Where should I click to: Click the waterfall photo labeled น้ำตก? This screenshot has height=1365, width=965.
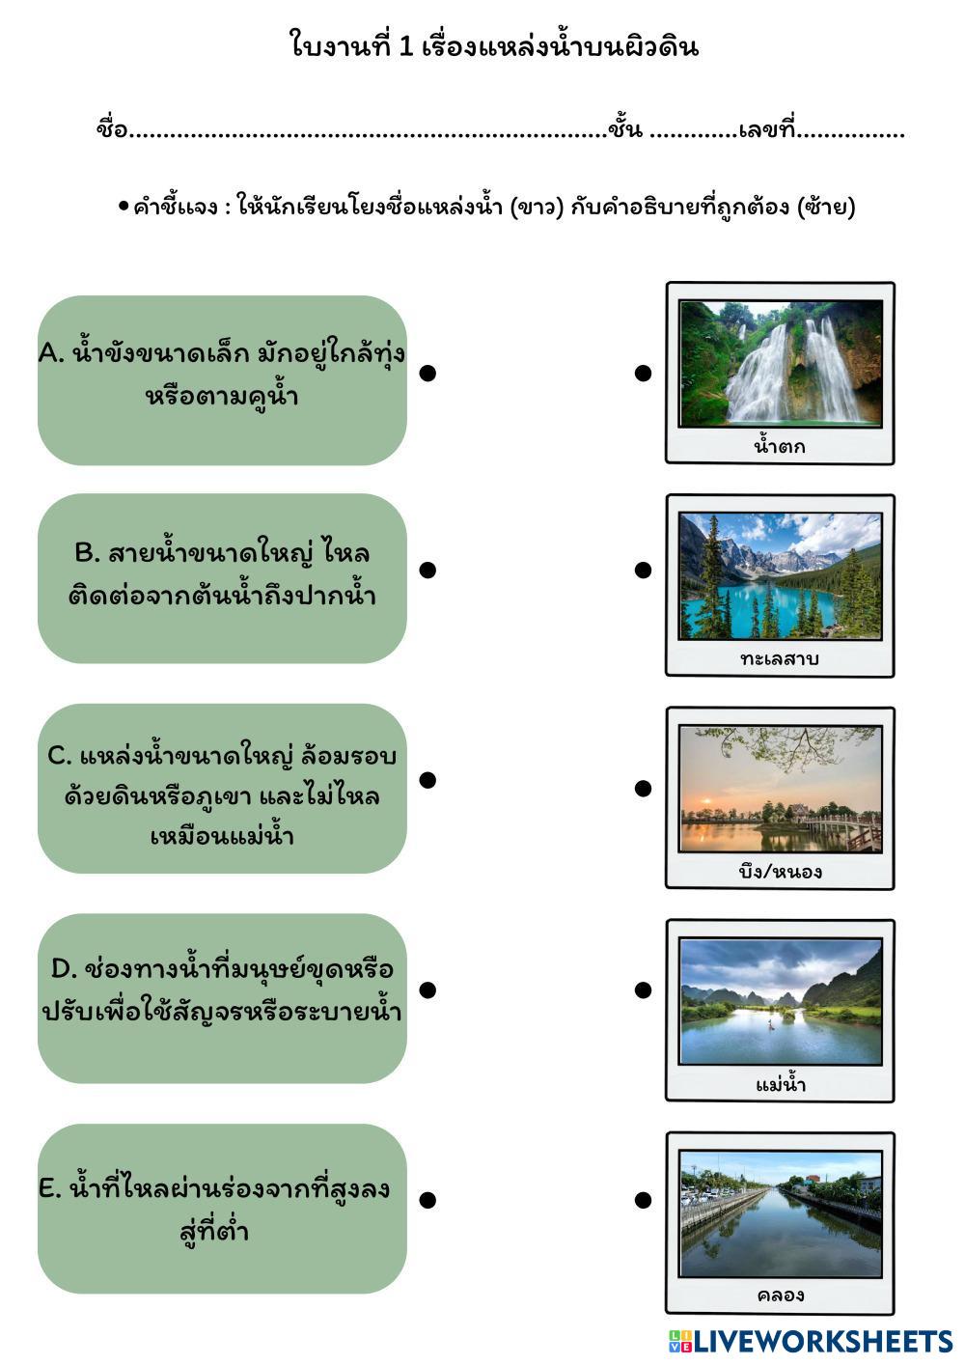pos(780,362)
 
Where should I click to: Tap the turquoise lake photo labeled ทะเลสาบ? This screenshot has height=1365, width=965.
pos(780,575)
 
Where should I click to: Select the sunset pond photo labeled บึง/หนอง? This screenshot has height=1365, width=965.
pos(780,788)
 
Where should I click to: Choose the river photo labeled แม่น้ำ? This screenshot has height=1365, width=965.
pos(780,1000)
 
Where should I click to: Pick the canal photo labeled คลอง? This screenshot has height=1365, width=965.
pos(780,1213)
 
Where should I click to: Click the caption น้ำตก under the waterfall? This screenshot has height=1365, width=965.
pos(780,447)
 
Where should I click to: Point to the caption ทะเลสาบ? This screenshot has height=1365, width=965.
pos(780,659)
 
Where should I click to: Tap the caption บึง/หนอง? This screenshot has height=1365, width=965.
pos(780,872)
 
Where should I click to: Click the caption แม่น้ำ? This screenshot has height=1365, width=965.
pos(780,1085)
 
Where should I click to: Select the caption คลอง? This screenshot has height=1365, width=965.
pos(780,1295)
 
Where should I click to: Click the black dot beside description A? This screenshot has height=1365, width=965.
pos(428,374)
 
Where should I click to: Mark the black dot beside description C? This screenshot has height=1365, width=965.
pos(428,780)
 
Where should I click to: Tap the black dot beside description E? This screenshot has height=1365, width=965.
pos(428,1200)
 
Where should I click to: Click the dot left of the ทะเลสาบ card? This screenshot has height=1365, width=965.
pos(644,571)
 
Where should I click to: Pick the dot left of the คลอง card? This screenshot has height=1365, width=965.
pos(644,1200)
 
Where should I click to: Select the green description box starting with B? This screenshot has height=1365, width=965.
pos(222,578)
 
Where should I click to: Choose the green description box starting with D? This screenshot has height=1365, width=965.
pos(222,998)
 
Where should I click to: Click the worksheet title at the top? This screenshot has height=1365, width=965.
pos(494,45)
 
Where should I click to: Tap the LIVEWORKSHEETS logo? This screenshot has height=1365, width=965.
pos(811,1341)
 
